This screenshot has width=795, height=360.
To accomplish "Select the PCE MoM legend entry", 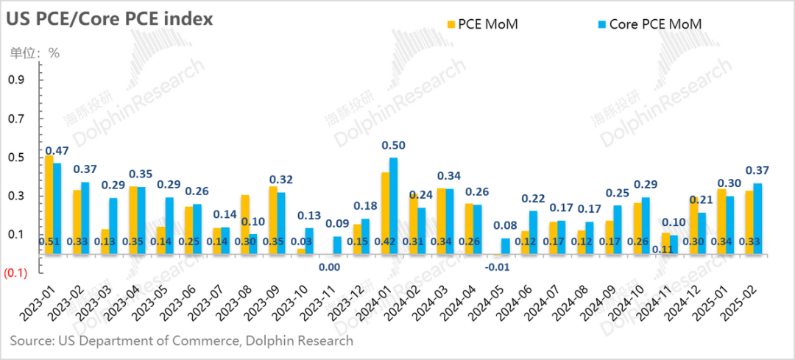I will (482, 24).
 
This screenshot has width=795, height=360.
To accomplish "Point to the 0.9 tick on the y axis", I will (14, 80).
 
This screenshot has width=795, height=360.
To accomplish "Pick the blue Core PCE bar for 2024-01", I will (394, 206).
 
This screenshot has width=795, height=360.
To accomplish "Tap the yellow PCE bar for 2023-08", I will (245, 225).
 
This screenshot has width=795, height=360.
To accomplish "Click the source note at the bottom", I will (181, 341).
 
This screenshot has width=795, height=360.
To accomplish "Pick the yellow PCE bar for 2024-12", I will (694, 225).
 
